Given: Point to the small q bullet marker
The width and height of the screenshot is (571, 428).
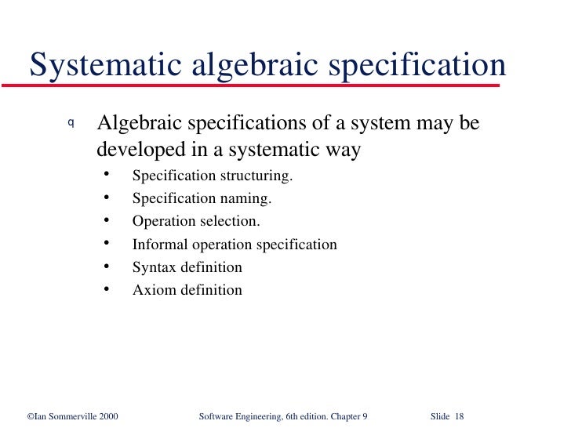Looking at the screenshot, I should point(71,123).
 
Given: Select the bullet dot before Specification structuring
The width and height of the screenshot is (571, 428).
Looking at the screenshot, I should point(106,175).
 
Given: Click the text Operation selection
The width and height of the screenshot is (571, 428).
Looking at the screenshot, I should point(196,221).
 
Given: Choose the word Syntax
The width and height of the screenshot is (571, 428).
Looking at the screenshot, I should point(155,267).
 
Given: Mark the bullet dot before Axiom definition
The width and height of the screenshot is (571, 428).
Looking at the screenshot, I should point(106,289).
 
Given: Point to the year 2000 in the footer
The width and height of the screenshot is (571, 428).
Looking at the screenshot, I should point(107,415).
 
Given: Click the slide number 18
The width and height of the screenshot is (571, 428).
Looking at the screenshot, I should point(459,415).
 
